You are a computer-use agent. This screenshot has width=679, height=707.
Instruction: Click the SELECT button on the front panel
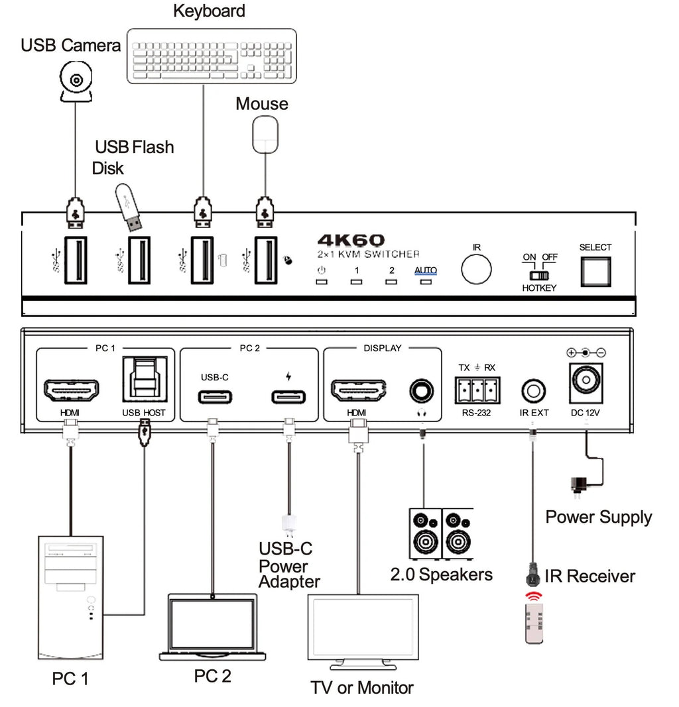pyautogui.click(x=595, y=270)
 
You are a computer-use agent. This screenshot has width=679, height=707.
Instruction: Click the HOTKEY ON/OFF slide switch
pyautogui.click(x=539, y=274)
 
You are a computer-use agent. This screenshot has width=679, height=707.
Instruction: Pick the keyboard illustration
pyautogui.click(x=211, y=56)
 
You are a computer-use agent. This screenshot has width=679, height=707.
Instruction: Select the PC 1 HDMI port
pyautogui.click(x=71, y=391)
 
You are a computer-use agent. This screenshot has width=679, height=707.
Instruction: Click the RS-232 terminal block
pyautogui.click(x=475, y=391)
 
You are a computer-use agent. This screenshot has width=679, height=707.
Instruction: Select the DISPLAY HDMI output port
pyautogui.click(x=358, y=391)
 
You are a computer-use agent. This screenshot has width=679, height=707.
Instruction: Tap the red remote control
pyautogui.click(x=534, y=618)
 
